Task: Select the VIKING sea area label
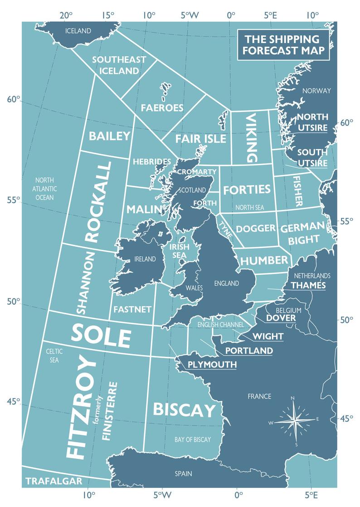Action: [251, 138]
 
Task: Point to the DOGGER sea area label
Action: [256, 228]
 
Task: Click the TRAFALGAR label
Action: [54, 481]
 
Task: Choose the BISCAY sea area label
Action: [184, 410]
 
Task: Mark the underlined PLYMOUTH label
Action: [212, 364]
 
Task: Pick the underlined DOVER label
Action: [281, 318]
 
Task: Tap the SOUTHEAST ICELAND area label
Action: [119, 65]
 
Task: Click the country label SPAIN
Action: [183, 473]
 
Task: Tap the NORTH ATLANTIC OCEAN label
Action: [44, 188]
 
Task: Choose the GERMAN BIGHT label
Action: [303, 233]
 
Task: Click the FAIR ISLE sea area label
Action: [200, 138]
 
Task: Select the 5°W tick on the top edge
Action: [190, 15]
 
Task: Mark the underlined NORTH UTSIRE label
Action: [312, 122]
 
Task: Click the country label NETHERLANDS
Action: [312, 276]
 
